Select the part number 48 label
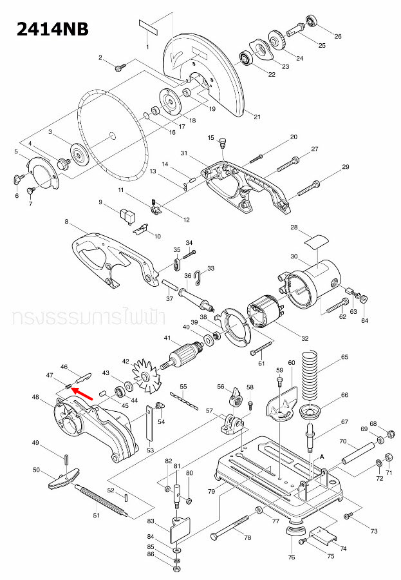(x=35, y=398)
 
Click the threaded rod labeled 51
(x=103, y=501)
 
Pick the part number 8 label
(x=66, y=222)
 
